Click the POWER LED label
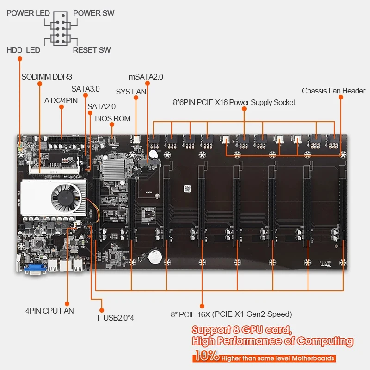coord(27,13)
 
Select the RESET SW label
coord(92,50)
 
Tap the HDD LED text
coord(23,50)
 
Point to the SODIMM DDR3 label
coord(47,77)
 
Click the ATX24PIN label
coord(61,100)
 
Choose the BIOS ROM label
coord(113,118)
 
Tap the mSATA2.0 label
coord(146,77)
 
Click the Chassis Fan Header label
coord(333,91)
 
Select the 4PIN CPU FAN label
coord(49,311)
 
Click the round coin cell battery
coord(154,255)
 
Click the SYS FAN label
coord(131,92)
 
